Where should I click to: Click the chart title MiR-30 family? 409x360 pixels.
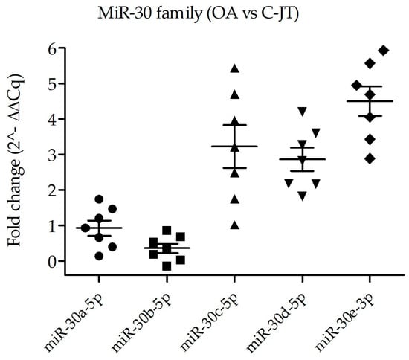149,13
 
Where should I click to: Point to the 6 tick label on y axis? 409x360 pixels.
53,48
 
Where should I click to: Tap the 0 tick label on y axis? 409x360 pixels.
53,261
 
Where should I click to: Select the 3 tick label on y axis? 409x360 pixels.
53,155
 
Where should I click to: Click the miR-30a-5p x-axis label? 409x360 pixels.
74,323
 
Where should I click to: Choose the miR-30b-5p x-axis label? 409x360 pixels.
142,323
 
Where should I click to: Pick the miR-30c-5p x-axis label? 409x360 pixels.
210,323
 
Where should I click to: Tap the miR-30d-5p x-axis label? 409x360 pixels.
277,323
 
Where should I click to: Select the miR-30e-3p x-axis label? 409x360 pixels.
345,323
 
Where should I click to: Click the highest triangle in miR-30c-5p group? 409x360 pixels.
235,68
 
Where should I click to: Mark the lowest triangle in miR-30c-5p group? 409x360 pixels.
235,225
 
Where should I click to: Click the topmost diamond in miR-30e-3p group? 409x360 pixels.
384,50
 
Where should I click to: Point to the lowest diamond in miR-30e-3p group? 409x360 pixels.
370,158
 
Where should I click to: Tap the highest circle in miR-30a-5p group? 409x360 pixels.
99,199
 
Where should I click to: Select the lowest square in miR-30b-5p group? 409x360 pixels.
167,266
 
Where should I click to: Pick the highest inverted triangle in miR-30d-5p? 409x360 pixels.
302,112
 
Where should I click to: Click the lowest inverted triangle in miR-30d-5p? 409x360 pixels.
302,196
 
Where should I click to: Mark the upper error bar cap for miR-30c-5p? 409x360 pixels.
235,125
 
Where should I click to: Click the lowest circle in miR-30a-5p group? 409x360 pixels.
99,256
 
